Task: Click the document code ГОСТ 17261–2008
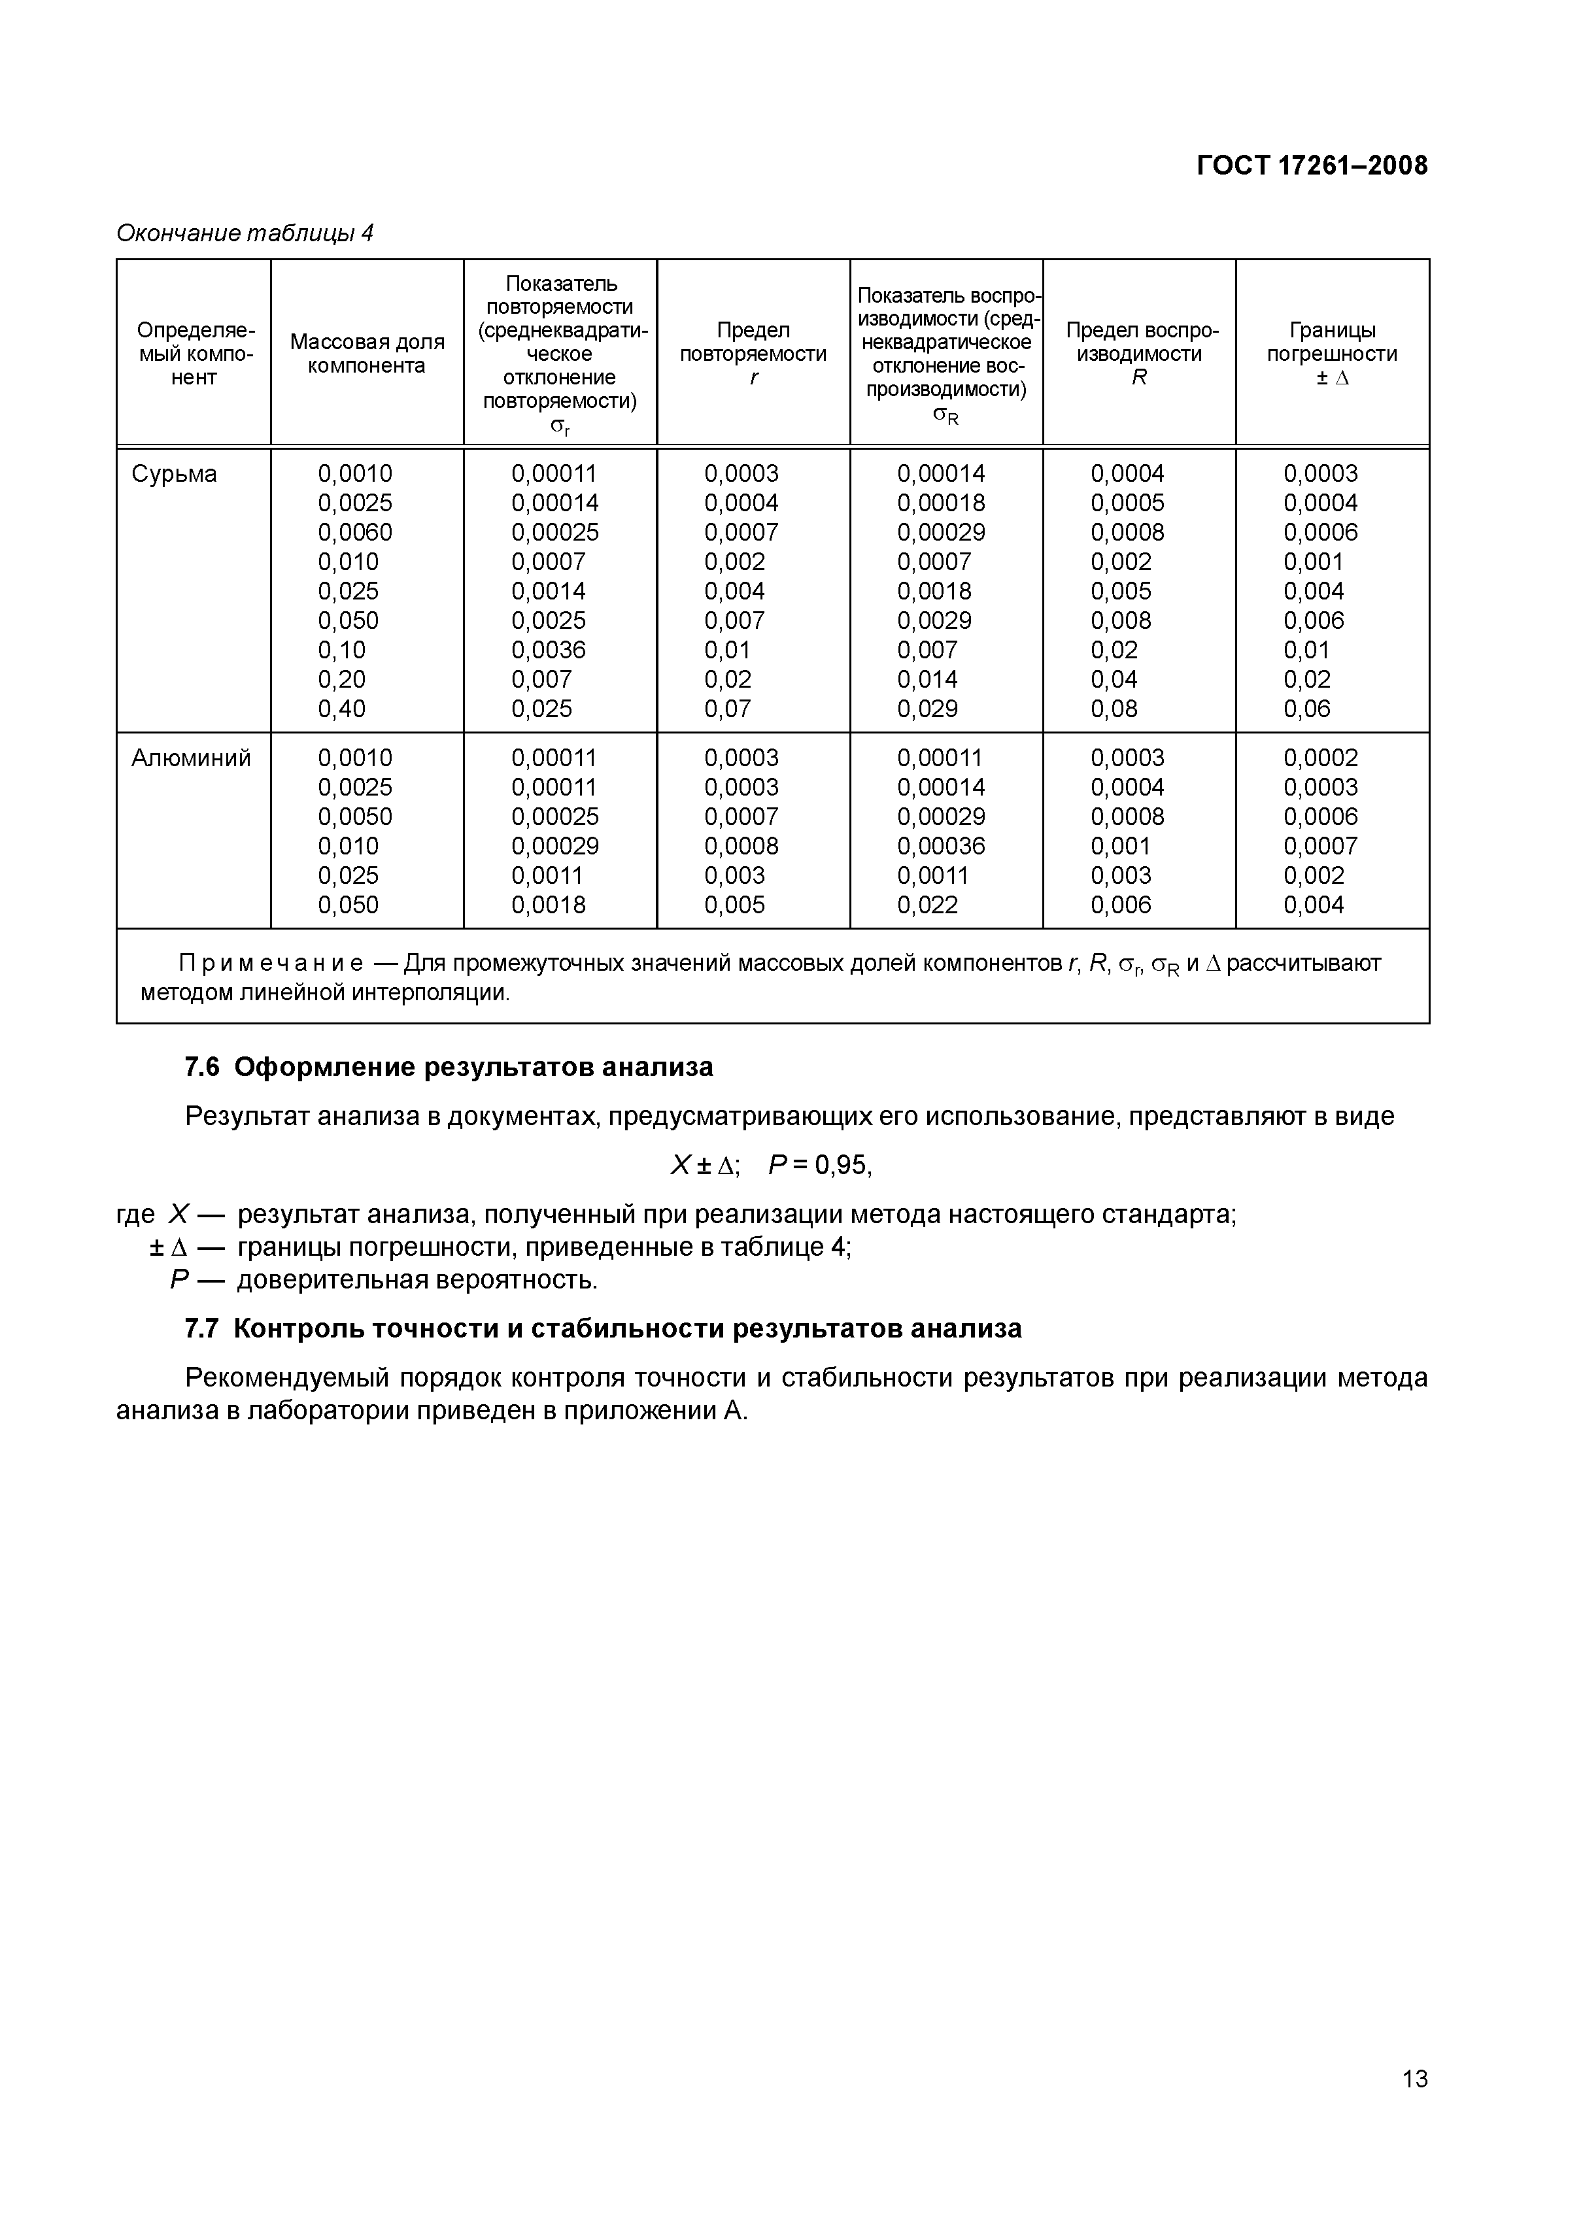click(x=1312, y=166)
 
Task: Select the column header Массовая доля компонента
click(x=367, y=353)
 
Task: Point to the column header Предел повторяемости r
click(x=753, y=353)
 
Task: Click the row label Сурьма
click(x=175, y=474)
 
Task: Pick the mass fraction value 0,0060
click(x=355, y=532)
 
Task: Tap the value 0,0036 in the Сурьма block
click(x=548, y=650)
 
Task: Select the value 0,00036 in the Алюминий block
click(x=941, y=847)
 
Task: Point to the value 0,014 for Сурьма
click(x=928, y=680)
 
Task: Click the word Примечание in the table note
click(x=271, y=964)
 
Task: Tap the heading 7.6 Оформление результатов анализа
click(x=449, y=1067)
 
